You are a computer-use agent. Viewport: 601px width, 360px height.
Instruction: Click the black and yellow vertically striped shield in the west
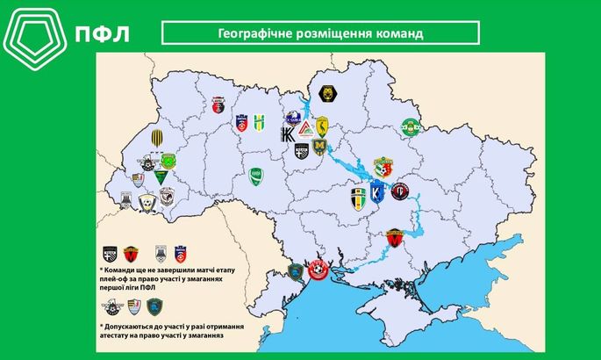tap(155, 138)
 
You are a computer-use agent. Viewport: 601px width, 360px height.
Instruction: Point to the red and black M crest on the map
tap(394, 237)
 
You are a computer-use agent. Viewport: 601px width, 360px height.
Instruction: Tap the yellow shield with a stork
tap(321, 126)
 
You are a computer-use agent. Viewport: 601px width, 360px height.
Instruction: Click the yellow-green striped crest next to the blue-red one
tap(259, 122)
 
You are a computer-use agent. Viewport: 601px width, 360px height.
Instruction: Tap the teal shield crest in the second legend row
tap(154, 306)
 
